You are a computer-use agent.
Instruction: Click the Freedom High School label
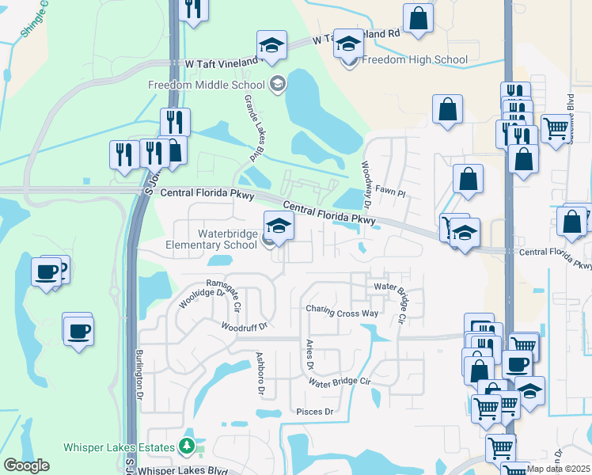pos(415,59)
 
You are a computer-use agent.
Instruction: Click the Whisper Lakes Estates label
pos(119,447)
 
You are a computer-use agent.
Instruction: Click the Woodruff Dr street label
pos(245,326)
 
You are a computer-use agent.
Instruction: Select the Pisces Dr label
pos(315,412)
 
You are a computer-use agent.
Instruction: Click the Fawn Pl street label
pos(389,192)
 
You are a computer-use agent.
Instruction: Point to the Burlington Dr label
pos(139,373)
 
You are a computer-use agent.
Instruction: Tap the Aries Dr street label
pos(309,355)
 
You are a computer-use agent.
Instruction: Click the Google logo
pos(26,465)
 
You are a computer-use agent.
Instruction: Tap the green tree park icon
pos(188,447)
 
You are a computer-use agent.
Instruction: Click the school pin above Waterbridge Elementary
pos(278,227)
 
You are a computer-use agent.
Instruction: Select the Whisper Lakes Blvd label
pos(178,470)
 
